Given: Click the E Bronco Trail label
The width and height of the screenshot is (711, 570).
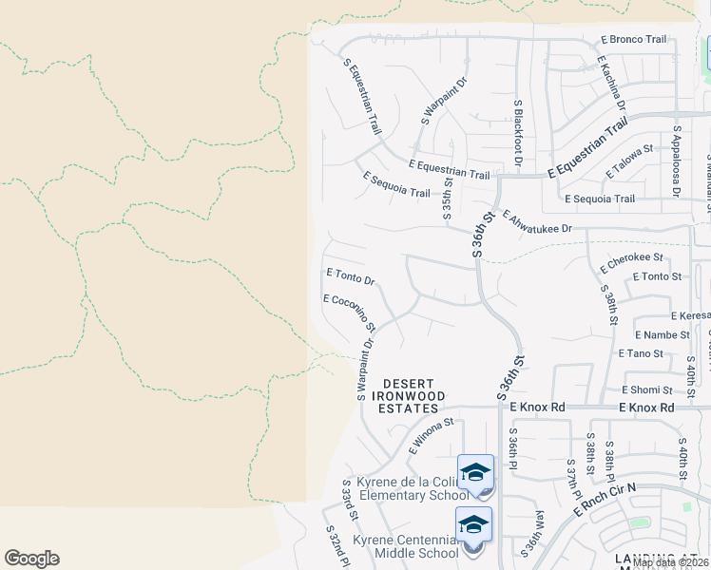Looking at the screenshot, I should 634,40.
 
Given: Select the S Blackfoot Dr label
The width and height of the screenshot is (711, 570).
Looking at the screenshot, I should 518,134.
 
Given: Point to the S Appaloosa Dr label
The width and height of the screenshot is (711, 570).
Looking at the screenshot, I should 676,161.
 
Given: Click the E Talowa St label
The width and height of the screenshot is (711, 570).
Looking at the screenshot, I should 630,161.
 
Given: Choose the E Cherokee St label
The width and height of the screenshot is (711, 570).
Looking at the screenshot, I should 636,257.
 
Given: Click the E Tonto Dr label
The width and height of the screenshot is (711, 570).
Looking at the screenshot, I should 351,275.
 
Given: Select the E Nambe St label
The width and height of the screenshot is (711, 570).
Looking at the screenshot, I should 653,334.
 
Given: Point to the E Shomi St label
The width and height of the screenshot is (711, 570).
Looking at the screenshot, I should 647,389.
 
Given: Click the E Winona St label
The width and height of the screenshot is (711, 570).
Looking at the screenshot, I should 428,436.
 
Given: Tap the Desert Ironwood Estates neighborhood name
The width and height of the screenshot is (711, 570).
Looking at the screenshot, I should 410,389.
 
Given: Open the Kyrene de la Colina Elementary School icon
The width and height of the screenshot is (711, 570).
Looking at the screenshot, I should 475,472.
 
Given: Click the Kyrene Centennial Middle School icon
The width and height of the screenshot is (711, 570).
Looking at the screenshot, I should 474,525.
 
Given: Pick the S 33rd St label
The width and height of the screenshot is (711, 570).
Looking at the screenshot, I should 349,501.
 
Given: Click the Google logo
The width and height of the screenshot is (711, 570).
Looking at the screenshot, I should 31,559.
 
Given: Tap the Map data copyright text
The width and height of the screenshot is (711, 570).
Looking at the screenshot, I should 671,562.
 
